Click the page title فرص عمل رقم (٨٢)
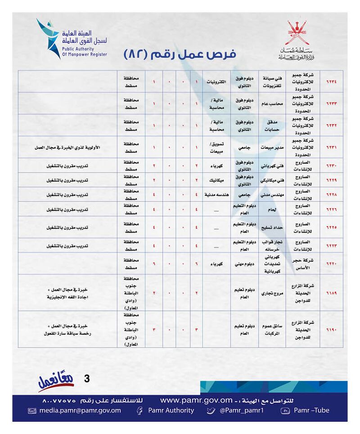click(x=180, y=55)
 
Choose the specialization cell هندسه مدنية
click(x=216, y=194)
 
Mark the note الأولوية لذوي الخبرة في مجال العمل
click(x=67, y=147)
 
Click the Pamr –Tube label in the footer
click(x=311, y=410)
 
